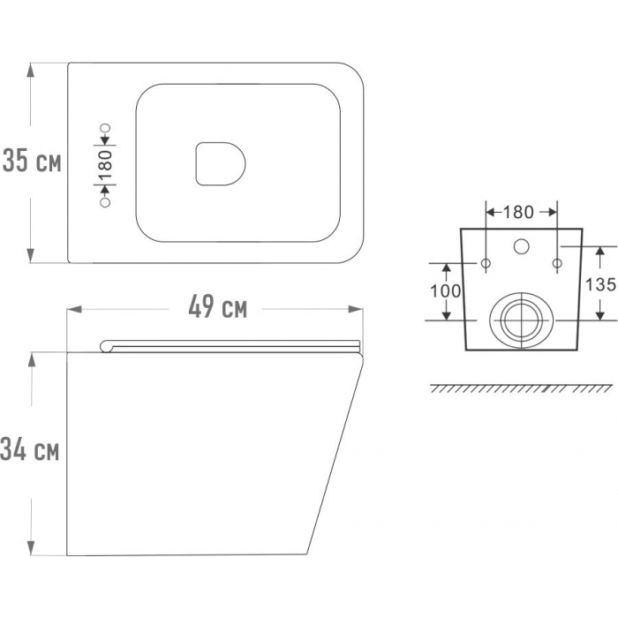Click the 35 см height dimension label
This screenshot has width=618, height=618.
coord(32,162)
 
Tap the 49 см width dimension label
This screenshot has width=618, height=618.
coord(217,307)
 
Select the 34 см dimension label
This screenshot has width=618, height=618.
coord(29,449)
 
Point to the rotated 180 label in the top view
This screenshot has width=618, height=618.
coord(106,166)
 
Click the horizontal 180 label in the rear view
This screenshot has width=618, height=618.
coord(519,213)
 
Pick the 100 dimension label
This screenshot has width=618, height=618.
coord(445,291)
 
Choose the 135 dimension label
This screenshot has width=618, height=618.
coord(600,284)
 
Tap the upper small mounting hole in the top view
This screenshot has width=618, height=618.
coord(105,128)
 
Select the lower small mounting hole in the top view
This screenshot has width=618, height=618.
coord(105,203)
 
